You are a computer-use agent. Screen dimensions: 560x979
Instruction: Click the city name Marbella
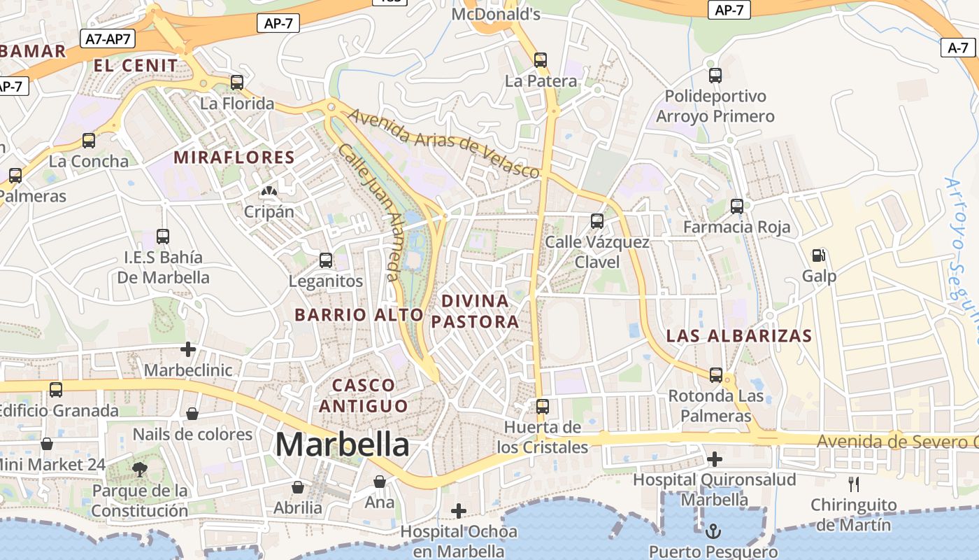point(342,444)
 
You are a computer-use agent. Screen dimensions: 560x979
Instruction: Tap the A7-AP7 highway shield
point(108,38)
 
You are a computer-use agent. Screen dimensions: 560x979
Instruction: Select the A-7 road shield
point(957,48)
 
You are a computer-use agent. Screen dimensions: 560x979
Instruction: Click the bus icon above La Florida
point(237,83)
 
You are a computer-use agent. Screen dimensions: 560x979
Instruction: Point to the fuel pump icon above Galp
point(818,255)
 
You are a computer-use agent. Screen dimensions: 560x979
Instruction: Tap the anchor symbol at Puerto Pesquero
point(713,531)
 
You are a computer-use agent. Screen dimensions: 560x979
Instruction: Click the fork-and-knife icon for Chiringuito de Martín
point(853,484)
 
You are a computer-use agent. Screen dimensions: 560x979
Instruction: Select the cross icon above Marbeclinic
point(187,349)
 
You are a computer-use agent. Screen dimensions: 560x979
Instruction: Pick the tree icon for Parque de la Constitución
point(140,470)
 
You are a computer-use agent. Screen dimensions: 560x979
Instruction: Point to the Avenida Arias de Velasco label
point(444,143)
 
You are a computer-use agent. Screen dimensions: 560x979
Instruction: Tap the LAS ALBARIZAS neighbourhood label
point(739,335)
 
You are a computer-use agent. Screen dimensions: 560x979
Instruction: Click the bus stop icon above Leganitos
point(326,260)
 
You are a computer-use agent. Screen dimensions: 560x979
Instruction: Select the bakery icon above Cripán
point(269,190)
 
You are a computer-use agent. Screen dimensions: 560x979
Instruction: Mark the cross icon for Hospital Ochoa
point(458,511)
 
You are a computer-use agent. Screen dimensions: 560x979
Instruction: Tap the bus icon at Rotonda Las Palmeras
point(715,375)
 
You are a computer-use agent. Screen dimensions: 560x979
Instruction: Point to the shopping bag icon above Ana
point(380,482)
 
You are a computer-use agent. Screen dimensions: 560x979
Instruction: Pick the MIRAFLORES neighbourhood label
point(234,157)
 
